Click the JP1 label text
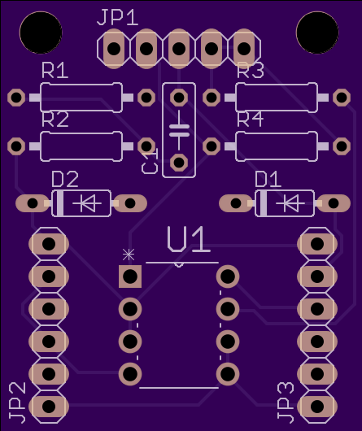(118, 17)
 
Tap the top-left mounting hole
(41, 33)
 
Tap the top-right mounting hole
(317, 33)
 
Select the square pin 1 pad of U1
(130, 276)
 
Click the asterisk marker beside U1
(129, 255)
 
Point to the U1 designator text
(189, 239)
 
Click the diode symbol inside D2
(87, 203)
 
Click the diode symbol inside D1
(290, 203)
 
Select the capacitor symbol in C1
(179, 130)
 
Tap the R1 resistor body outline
(81, 98)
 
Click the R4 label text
(250, 120)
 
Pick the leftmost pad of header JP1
(114, 49)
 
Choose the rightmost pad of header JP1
(244, 49)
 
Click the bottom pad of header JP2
(49, 407)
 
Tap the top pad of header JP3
(317, 244)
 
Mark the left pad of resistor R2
(16, 146)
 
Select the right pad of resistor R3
(342, 98)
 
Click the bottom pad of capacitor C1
(179, 163)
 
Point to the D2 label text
(65, 179)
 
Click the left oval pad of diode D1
(236, 203)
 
